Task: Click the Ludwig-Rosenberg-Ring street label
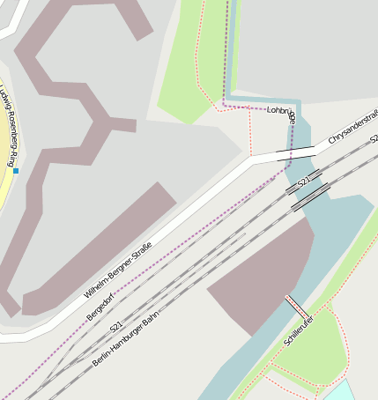7,123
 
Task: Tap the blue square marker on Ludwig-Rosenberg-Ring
15,170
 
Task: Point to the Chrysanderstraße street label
352,128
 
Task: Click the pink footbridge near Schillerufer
296,307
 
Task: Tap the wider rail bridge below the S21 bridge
310,196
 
